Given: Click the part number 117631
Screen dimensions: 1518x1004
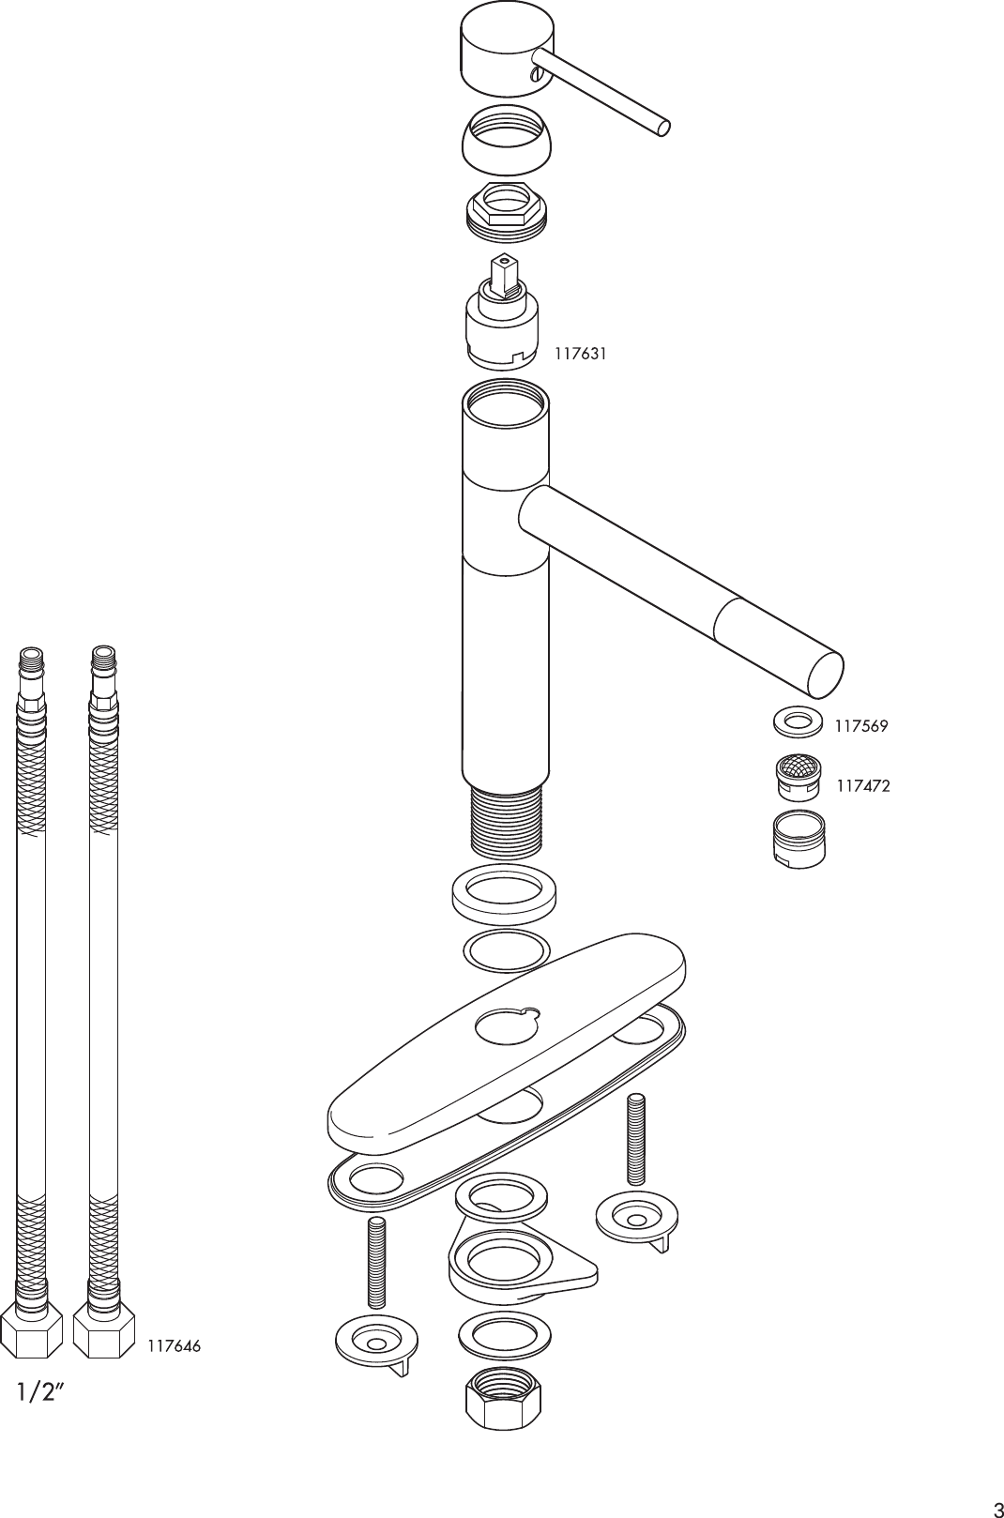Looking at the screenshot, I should click(580, 354).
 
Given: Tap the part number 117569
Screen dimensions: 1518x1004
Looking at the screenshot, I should click(861, 725).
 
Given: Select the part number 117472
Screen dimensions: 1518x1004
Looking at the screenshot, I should click(862, 786).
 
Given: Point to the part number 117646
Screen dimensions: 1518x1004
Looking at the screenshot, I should click(174, 1346).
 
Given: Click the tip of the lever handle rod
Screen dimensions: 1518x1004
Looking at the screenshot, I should click(663, 129).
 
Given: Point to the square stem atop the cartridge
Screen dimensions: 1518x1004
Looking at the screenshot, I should click(505, 271).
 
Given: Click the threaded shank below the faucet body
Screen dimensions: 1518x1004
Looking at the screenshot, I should click(505, 821).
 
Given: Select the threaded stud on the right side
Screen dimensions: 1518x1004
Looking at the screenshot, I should click(636, 1140).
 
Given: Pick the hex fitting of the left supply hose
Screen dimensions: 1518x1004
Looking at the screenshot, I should click(33, 1330).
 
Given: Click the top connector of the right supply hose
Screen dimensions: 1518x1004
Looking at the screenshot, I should click(103, 662).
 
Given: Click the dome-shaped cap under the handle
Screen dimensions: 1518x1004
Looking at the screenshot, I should click(507, 142).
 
